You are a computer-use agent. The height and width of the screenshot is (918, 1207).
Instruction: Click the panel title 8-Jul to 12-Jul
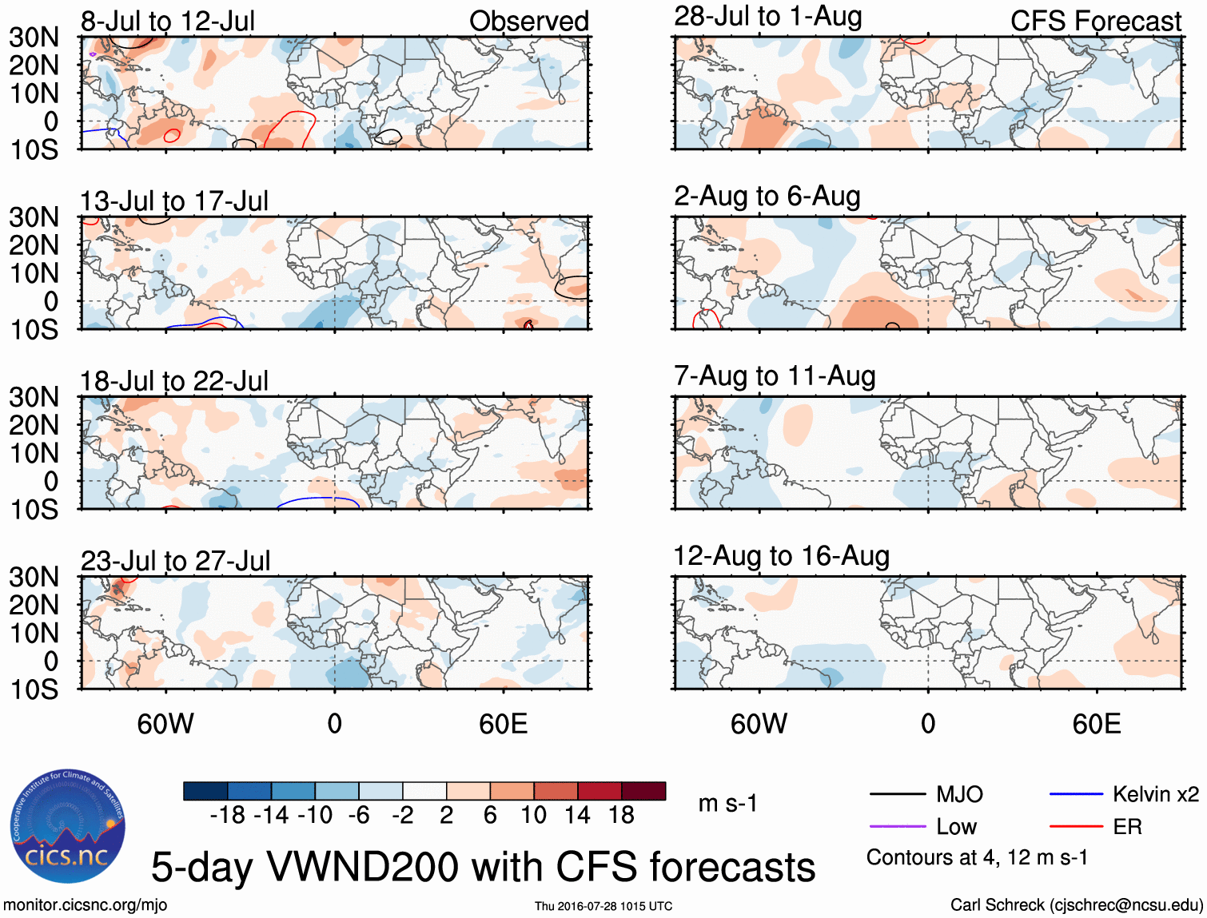point(168,21)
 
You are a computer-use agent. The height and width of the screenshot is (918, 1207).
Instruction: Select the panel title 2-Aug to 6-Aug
point(767,196)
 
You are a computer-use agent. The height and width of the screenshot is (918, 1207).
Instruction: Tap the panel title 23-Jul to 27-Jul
point(175,561)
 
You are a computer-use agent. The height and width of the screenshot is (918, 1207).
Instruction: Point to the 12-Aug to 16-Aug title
point(781,556)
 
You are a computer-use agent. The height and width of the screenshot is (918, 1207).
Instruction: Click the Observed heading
point(528,21)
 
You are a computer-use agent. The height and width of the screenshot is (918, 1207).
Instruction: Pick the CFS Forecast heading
point(1095,21)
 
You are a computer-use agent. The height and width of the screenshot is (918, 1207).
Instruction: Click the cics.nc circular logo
point(68,826)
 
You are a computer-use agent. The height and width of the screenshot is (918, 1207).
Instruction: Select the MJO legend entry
point(959,794)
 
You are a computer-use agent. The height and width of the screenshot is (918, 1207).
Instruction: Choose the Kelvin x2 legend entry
point(1155,794)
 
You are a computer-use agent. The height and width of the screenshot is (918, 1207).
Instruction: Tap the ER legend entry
point(1127,827)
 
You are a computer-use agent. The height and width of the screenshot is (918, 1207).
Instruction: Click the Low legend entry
point(956,827)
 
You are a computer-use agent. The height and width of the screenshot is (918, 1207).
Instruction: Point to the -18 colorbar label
point(227,815)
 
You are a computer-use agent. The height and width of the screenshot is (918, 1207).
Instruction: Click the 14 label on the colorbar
point(577,815)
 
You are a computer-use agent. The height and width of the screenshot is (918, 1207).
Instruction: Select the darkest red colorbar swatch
point(643,791)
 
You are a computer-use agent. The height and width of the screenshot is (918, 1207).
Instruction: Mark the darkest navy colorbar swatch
point(205,791)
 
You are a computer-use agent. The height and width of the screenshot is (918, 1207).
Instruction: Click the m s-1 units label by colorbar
point(727,803)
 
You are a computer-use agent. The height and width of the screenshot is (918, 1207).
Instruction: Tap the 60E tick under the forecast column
point(1096,724)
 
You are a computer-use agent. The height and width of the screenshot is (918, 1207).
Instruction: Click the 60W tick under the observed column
point(165,724)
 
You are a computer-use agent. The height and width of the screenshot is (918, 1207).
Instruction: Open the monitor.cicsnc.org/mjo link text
point(86,905)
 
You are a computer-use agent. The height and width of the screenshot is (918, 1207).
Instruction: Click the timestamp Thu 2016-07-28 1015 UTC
point(603,906)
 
